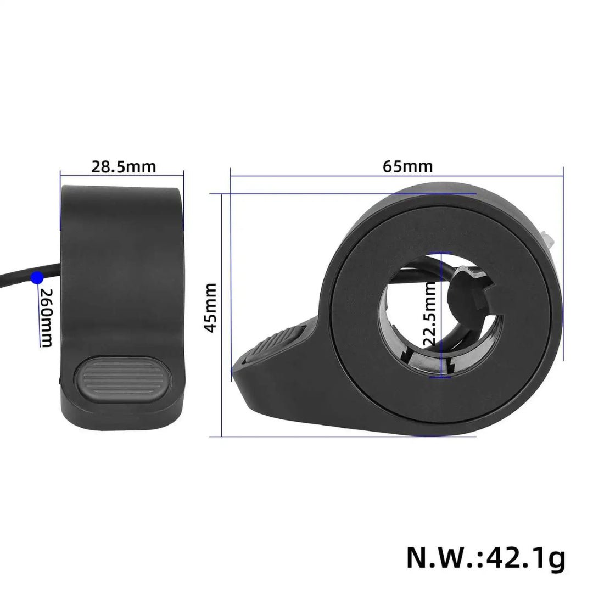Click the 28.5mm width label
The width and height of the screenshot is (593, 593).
pyautogui.click(x=123, y=166)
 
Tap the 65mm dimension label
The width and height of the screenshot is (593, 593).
pyautogui.click(x=407, y=166)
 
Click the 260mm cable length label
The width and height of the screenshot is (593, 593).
pyautogui.click(x=46, y=318)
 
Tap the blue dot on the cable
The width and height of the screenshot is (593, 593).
pyautogui.click(x=37, y=278)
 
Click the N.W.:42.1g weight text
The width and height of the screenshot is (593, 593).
pyautogui.click(x=485, y=558)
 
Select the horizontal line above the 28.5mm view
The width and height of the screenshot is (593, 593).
pyautogui.click(x=122, y=176)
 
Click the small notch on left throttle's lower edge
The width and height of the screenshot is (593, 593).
pyautogui.click(x=60, y=378)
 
